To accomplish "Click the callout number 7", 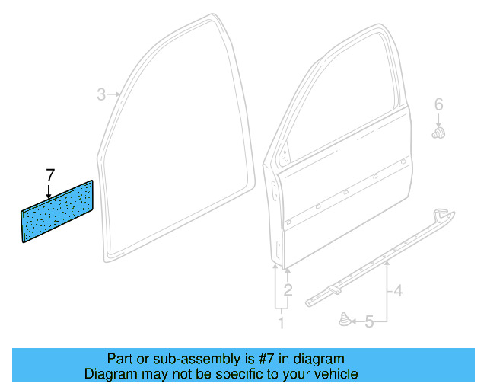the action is pyautogui.click(x=50, y=174).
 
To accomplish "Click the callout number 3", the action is pyautogui.click(x=100, y=95).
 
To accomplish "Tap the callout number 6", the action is pyautogui.click(x=438, y=104).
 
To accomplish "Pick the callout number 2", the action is pyautogui.click(x=288, y=289).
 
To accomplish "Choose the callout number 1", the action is pyautogui.click(x=280, y=323).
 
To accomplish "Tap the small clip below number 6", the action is pyautogui.click(x=438, y=135).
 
